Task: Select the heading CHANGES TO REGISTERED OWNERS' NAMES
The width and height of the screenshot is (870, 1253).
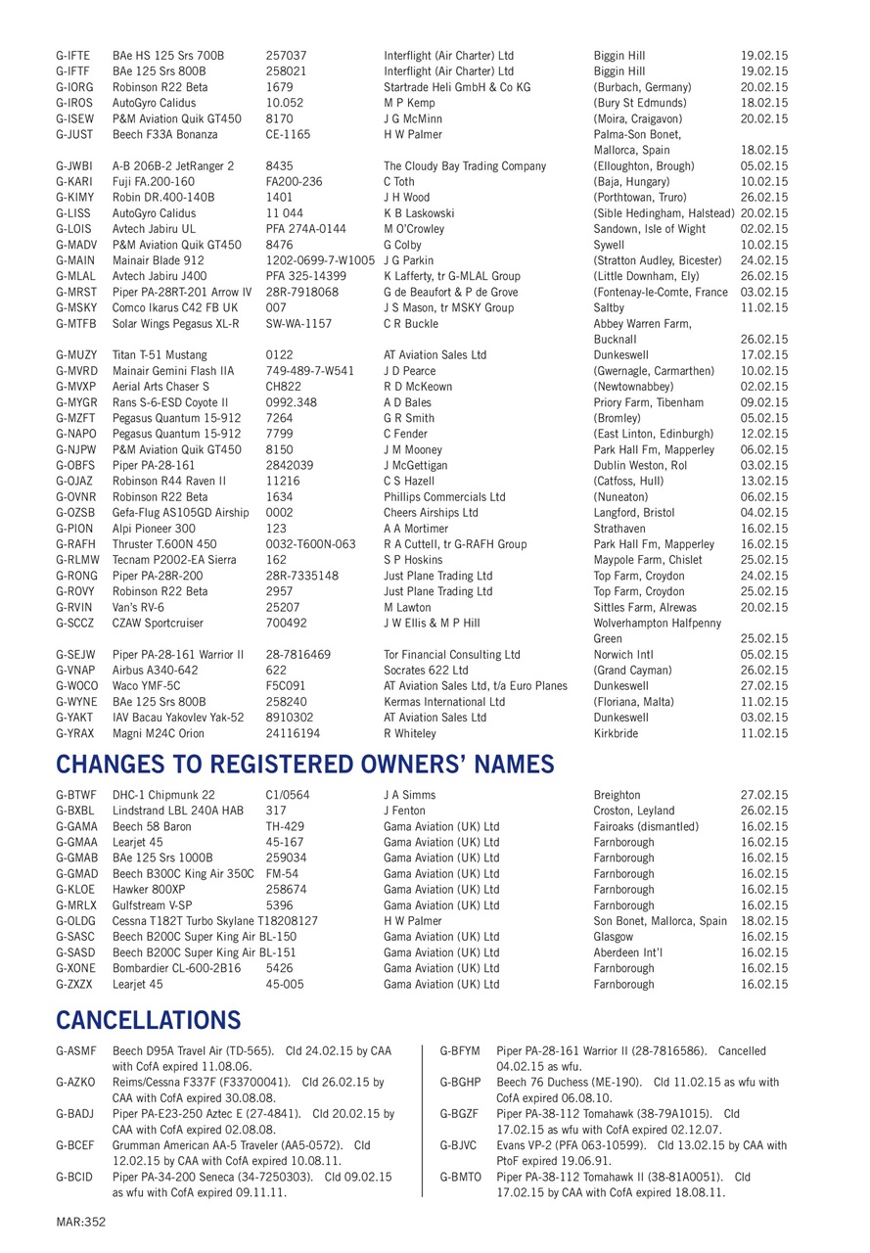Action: click(x=305, y=765)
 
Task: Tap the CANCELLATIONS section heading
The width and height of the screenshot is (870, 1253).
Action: click(x=149, y=1020)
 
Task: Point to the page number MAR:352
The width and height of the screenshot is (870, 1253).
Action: click(x=80, y=1221)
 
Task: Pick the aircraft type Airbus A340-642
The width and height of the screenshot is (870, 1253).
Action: click(x=155, y=671)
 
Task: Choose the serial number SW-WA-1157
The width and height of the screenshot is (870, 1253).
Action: click(x=298, y=323)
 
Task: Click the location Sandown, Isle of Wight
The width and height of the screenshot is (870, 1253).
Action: click(x=649, y=229)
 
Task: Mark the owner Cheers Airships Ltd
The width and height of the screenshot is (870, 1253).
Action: click(x=431, y=513)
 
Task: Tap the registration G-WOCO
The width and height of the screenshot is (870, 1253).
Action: click(x=75, y=686)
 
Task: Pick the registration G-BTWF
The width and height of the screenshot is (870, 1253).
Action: click(x=75, y=796)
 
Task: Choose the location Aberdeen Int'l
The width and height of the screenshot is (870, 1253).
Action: click(x=634, y=952)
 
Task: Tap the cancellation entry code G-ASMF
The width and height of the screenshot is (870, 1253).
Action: click(x=75, y=1050)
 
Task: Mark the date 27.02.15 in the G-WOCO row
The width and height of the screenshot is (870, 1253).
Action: click(x=764, y=686)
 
